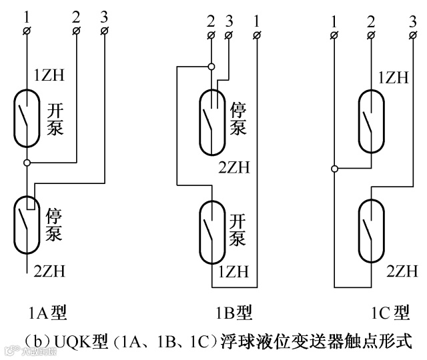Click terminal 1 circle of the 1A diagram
pos(27,31)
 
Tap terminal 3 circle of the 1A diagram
pos(105,31)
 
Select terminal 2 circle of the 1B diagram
pos(211,34)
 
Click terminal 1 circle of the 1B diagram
pos(258,34)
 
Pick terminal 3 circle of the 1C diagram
pos(413,31)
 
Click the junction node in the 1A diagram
pos(27,162)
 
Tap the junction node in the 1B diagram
pos(211,66)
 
